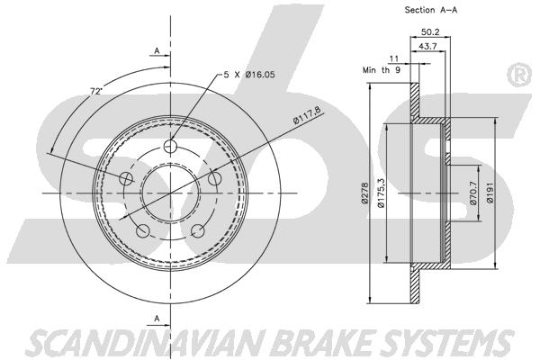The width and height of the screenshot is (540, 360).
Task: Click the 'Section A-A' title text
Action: (431, 10)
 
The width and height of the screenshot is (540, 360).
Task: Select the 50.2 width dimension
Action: (430, 32)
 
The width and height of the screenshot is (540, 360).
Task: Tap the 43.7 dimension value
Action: (427, 46)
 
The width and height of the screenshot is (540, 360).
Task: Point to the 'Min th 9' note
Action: (382, 70)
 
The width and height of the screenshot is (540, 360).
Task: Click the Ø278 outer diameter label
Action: (365, 193)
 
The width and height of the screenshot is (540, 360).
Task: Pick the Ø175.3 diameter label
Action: (381, 193)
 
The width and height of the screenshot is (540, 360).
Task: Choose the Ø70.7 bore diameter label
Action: (473, 193)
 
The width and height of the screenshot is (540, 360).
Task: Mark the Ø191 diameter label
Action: (490, 193)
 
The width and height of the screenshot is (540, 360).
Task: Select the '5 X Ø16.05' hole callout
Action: (249, 75)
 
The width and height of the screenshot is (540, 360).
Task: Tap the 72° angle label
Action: (96, 91)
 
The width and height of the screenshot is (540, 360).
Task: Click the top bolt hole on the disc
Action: (170, 146)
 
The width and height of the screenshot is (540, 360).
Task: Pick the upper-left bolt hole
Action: (126, 178)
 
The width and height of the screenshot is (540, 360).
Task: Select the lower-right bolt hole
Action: (198, 230)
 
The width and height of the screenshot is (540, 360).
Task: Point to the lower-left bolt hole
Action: (142, 230)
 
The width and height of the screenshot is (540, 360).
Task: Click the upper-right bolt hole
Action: (214, 178)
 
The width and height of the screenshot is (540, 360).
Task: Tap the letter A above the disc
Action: (157, 51)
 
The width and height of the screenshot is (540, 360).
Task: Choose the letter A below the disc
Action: (157, 319)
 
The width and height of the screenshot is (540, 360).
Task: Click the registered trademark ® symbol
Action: (520, 74)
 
